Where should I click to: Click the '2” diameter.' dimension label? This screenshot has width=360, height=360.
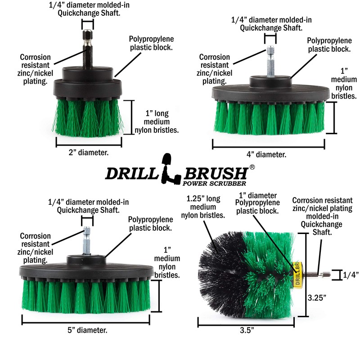88,153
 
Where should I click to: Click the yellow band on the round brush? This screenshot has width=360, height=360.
297,274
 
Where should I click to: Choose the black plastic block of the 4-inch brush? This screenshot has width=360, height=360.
269,93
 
